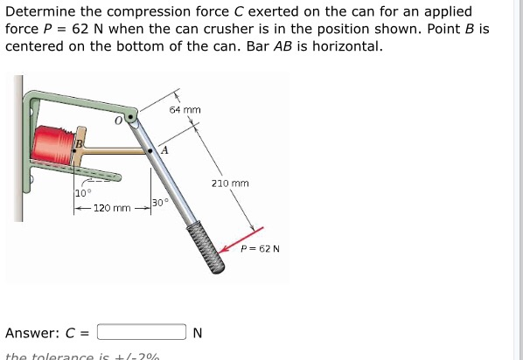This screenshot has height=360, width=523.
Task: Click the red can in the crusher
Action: [53, 143]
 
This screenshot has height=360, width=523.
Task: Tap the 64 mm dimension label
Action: [185, 110]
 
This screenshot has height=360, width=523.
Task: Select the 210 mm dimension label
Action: [230, 183]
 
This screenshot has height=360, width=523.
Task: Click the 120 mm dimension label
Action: [112, 209]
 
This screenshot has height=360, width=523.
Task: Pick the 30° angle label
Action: [159, 203]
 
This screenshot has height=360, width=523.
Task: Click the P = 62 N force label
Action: [261, 249]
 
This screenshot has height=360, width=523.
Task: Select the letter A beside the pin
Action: [164, 152]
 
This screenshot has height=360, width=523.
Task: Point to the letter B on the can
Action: [78, 143]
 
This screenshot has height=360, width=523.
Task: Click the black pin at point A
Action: [151, 150]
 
